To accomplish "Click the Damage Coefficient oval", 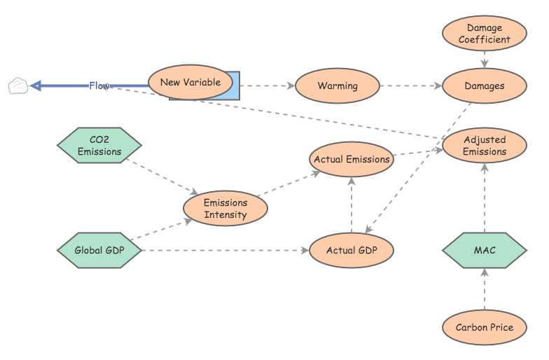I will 485,34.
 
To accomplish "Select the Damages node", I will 485,86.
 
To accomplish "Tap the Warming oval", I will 338,86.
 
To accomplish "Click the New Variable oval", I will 190,82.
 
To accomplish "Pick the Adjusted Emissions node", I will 485,146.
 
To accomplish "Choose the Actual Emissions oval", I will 352,159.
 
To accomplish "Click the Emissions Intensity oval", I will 225,209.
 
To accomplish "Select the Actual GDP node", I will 352,250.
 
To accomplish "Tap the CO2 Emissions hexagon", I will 99,146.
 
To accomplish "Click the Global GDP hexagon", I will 99,250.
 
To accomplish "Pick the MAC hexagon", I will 485,250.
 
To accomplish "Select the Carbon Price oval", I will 485,327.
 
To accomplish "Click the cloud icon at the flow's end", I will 18,86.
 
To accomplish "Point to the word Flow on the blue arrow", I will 99,86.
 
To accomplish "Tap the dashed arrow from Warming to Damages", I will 411,86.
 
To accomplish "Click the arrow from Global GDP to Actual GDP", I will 224,250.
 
